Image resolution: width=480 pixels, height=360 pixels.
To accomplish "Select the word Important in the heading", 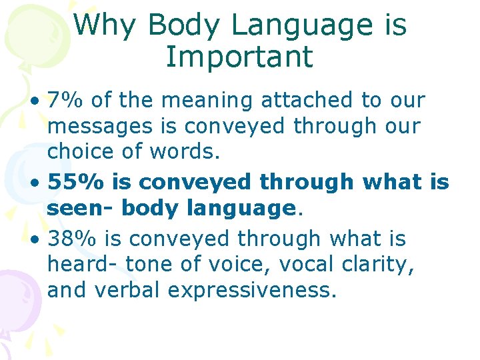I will [239, 57].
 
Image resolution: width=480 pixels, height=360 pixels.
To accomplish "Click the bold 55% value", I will [71, 181].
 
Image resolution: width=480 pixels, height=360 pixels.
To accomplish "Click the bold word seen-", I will [78, 209].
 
